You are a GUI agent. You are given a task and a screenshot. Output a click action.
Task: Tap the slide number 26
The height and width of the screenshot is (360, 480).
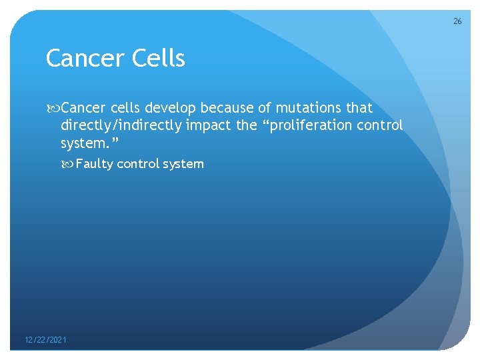pyautogui.click(x=457, y=21)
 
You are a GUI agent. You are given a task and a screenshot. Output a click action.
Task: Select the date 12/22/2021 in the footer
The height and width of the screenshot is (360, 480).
pyautogui.click(x=45, y=341)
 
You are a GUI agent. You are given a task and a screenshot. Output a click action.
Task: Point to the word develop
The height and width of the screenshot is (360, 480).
pyautogui.click(x=171, y=108)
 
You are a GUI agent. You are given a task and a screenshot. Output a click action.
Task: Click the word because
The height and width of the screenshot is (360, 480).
pyautogui.click(x=227, y=108)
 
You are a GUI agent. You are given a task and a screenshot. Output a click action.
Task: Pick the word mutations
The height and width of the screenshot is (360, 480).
pyautogui.click(x=308, y=108)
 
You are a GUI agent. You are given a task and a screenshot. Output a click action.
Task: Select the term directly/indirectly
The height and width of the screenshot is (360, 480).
pyautogui.click(x=121, y=125)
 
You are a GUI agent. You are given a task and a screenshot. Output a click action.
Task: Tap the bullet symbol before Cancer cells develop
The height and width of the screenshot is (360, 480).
pyautogui.click(x=53, y=108)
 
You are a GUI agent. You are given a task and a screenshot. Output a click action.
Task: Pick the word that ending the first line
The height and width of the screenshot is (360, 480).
pyautogui.click(x=359, y=108)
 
